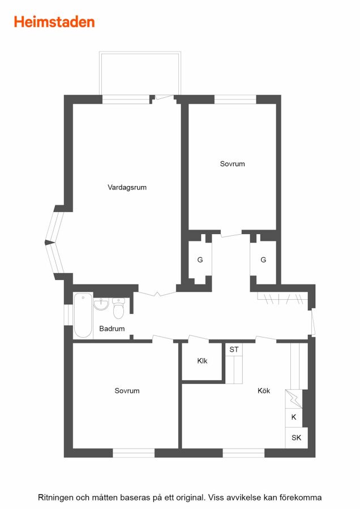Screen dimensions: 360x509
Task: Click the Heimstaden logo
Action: click(x=54, y=22)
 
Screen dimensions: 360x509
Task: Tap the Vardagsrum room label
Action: click(x=127, y=187)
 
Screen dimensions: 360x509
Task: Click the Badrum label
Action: click(x=112, y=329)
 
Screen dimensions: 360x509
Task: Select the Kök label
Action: click(x=264, y=390)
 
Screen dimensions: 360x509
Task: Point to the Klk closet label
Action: click(x=202, y=361)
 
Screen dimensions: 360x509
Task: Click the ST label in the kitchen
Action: click(x=234, y=350)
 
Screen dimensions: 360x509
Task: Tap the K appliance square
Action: click(x=294, y=417)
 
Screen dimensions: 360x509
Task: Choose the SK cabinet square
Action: click(x=296, y=438)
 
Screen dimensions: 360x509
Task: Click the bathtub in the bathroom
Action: click(x=83, y=315)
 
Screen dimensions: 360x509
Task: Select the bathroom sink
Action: click(x=101, y=304)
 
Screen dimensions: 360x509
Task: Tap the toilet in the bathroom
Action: click(x=118, y=308)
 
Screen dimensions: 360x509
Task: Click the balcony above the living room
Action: click(x=140, y=73)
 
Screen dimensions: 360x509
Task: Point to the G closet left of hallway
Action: click(x=200, y=260)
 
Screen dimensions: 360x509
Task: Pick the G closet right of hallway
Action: click(x=263, y=260)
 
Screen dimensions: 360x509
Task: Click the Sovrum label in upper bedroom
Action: click(x=232, y=164)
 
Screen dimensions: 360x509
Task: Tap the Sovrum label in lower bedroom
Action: click(x=127, y=390)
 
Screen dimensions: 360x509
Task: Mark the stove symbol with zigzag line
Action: click(x=294, y=399)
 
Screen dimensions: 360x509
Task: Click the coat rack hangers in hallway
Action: click(x=282, y=298)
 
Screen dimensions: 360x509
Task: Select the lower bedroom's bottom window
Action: click(x=134, y=453)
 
